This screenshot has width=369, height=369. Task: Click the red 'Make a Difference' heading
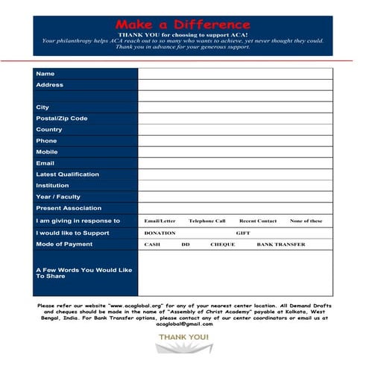tap(183, 25)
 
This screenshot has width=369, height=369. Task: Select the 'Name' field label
tap(45, 74)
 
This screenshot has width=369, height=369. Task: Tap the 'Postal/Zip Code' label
tap(62, 119)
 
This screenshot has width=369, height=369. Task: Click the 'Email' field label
tap(45, 163)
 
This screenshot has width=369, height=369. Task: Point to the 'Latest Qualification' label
tap(67, 174)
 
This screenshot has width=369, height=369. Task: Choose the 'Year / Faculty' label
tap(58, 197)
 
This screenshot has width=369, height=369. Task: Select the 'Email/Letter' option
tap(160, 221)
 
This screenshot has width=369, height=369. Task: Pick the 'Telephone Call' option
tap(206, 221)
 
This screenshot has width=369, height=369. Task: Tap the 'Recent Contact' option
tap(258, 221)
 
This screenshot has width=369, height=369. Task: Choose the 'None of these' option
tap(306, 221)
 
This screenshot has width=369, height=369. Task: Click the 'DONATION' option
tap(160, 233)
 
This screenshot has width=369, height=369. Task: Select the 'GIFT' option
tap(243, 233)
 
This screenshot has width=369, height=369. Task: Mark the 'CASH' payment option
tap(152, 245)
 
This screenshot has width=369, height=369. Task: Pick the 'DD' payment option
tap(186, 245)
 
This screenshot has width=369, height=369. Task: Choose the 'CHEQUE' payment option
tap(222, 245)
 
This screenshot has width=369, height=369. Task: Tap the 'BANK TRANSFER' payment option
tap(281, 245)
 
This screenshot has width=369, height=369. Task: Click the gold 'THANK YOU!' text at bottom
tap(183, 338)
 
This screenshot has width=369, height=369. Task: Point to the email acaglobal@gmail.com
tap(184, 324)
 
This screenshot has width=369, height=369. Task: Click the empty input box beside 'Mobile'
tap(235, 152)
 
